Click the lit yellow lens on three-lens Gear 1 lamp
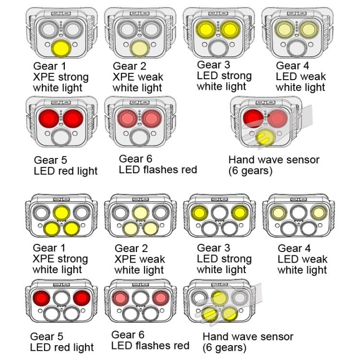click(x=60, y=48)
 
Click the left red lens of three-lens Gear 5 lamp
click(x=48, y=117)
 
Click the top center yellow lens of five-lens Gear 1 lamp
click(x=61, y=212)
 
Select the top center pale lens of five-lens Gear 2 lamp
click(x=140, y=212)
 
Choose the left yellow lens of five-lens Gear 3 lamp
click(x=199, y=212)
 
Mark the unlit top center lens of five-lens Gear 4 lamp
click(x=298, y=212)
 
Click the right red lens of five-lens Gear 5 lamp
click(x=81, y=298)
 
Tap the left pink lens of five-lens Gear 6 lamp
click(x=120, y=298)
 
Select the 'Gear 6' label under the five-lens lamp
click(x=128, y=335)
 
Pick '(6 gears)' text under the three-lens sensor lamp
click(x=250, y=170)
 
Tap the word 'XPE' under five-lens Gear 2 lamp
click(x=125, y=259)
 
